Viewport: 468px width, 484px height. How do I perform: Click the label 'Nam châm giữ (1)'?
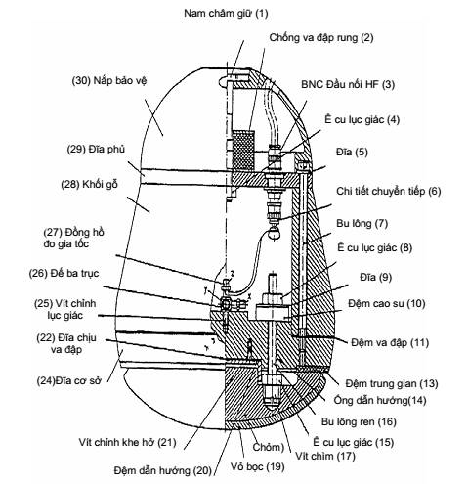pyautogui.click(x=226, y=14)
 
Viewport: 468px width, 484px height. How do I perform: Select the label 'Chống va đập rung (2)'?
pyautogui.click(x=321, y=38)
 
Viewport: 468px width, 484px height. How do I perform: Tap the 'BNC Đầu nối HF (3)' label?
pyautogui.click(x=348, y=84)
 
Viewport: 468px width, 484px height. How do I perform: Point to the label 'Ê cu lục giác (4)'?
pyautogui.click(x=362, y=119)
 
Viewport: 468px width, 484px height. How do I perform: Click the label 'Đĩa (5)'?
pyautogui.click(x=352, y=152)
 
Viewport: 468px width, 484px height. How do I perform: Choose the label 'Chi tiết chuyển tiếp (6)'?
pyautogui.click(x=388, y=191)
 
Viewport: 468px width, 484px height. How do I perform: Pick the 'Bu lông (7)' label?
pyautogui.click(x=362, y=224)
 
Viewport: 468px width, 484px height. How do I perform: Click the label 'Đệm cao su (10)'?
pyautogui.click(x=387, y=304)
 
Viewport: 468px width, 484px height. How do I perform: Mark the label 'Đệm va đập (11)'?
pyautogui.click(x=390, y=342)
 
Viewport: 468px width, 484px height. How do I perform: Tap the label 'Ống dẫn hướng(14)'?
pyautogui.click(x=380, y=400)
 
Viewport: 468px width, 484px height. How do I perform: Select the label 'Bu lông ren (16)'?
pyautogui.click(x=359, y=421)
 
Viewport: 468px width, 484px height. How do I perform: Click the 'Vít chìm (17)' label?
pyautogui.click(x=324, y=456)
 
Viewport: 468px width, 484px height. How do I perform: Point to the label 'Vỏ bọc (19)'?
pyautogui.click(x=257, y=466)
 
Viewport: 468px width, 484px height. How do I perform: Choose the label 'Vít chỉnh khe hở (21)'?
pyautogui.click(x=127, y=442)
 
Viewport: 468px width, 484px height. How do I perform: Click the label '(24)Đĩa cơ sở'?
pyautogui.click(x=68, y=380)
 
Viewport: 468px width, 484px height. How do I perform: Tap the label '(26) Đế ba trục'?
pyautogui.click(x=64, y=273)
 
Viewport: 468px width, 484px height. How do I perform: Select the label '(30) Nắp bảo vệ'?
pyautogui.click(x=109, y=80)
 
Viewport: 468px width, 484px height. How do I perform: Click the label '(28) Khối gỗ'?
pyautogui.click(x=89, y=185)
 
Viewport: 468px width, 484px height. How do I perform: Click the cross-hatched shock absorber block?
pyautogui.click(x=243, y=151)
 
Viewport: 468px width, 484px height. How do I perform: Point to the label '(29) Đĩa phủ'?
pyautogui.click(x=96, y=150)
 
